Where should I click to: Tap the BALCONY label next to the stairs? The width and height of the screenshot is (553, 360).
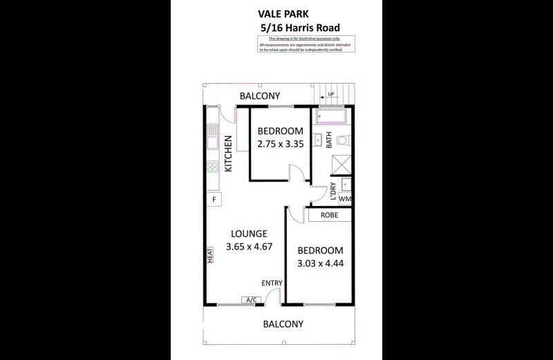259,95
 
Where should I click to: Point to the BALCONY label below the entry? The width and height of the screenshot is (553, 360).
283,323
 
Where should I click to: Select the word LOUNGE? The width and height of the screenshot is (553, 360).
249,234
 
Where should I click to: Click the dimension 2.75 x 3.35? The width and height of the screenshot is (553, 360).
281,144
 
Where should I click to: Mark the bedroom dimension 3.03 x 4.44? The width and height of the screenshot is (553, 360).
320,263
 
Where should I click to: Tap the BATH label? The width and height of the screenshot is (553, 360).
329,141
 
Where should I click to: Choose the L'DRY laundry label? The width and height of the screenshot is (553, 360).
333,191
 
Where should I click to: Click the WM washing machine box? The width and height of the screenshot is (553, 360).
345,199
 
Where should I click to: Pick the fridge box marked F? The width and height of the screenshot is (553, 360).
214,200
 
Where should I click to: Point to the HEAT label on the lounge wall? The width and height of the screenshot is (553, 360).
209,255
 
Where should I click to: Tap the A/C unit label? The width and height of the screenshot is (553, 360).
250,299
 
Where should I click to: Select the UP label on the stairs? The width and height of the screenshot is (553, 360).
331,95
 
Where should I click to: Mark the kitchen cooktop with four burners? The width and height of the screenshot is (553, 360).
213,167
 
